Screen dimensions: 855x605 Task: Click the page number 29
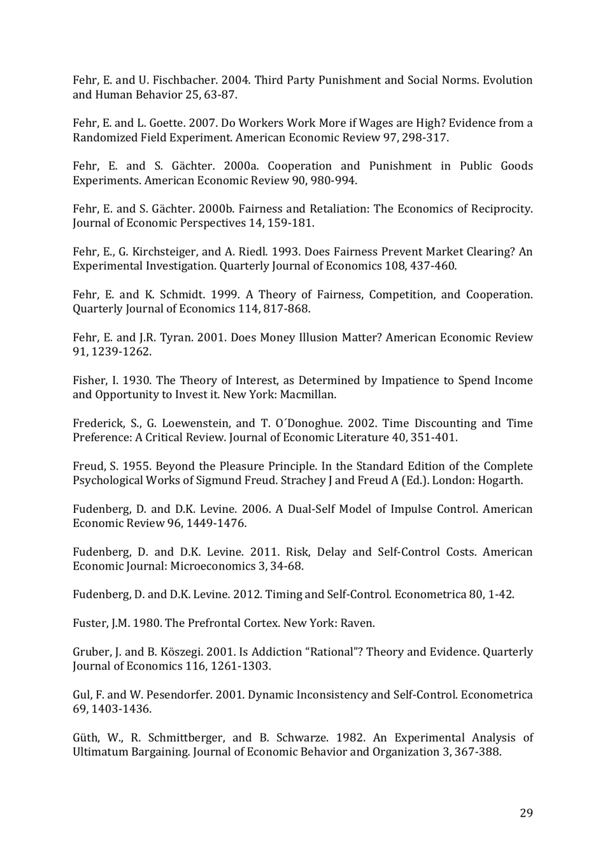point(526,813)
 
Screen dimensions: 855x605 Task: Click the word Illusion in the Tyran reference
point(322,338)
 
